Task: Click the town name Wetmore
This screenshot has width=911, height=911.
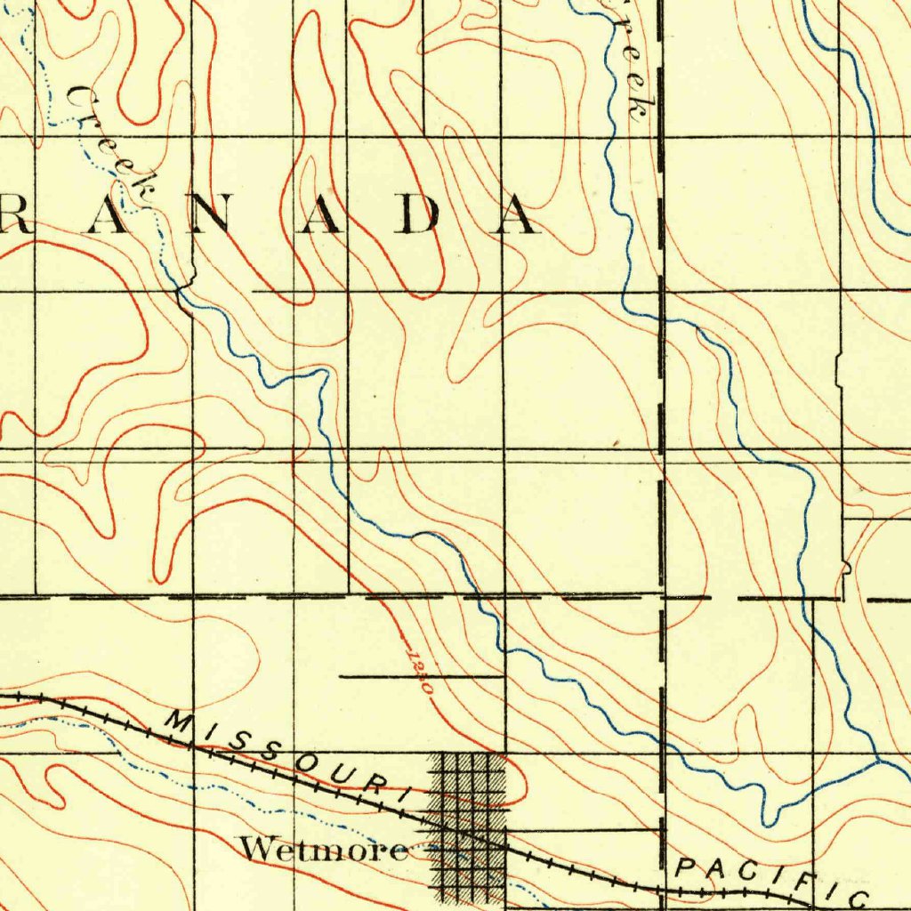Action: coord(324,851)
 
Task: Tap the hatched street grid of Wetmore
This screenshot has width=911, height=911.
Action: coord(468,823)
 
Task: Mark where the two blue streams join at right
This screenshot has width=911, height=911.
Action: coord(878,762)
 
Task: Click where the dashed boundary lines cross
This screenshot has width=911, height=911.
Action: coord(661,597)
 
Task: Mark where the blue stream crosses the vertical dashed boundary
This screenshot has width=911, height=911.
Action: coord(661,321)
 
